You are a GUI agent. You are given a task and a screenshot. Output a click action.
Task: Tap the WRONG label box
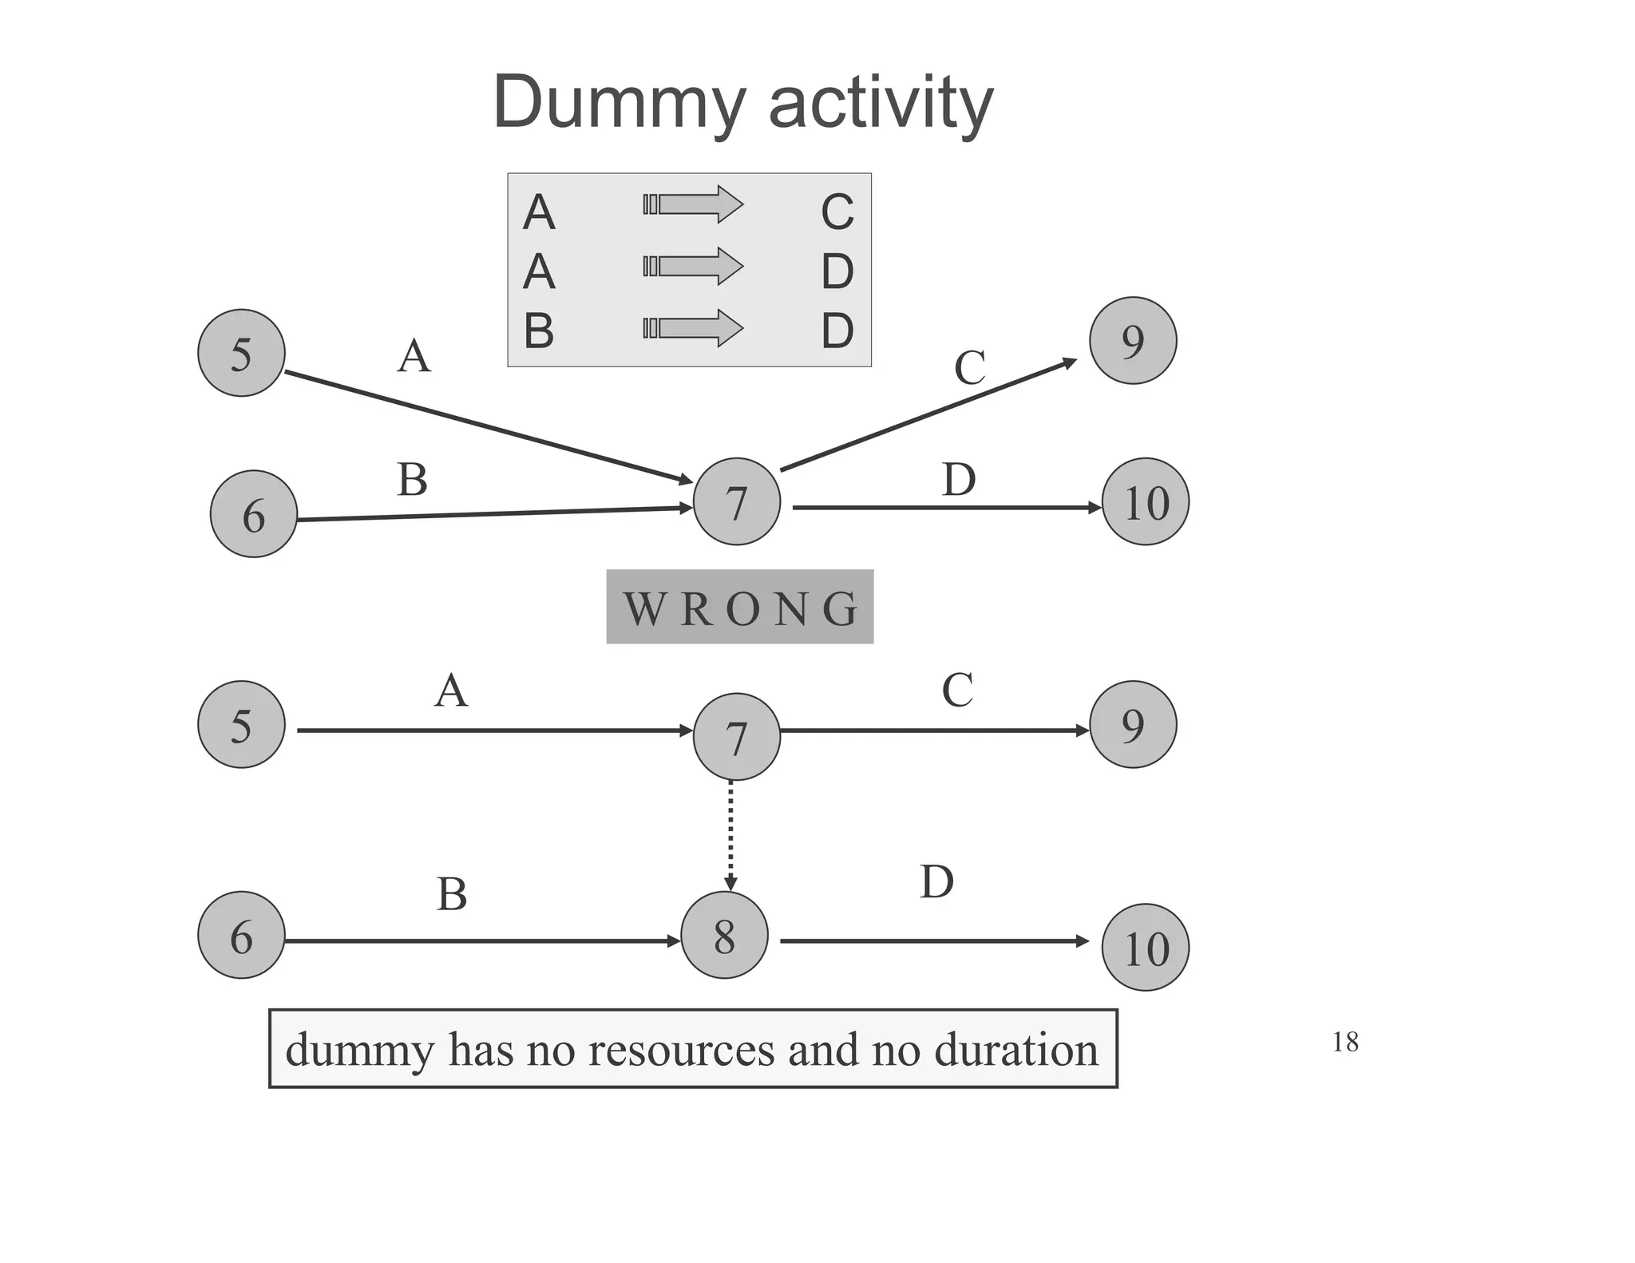pos(739,608)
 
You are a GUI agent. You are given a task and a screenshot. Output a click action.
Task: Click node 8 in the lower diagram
pos(724,936)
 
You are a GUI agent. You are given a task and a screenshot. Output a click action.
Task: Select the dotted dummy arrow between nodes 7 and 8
pos(730,835)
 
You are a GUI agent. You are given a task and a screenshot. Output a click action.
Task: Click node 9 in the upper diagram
pos(1132,341)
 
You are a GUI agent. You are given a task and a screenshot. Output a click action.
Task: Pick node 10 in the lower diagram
pos(1145,948)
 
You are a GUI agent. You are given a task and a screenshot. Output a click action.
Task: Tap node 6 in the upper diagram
pos(253,514)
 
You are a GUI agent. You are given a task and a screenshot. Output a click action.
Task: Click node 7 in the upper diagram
pos(736,502)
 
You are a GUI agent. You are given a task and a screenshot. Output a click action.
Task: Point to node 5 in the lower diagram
pos(241,725)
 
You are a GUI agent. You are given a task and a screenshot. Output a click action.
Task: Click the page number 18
pos(1345,1042)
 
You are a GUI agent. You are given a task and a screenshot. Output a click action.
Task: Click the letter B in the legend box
pos(539,331)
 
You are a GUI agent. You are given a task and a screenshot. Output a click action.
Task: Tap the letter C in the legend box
pos(837,212)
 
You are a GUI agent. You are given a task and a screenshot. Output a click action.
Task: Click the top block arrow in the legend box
pos(693,204)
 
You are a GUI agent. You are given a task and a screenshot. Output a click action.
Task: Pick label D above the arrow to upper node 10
pos(958,480)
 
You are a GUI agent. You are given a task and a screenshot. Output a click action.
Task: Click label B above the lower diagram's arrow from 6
pos(451,894)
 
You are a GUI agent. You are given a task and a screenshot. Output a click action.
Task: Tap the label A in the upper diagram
pos(414,356)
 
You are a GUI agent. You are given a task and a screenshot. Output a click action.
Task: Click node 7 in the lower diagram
pos(736,737)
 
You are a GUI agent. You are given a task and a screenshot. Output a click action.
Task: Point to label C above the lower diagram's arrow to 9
pos(957,691)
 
